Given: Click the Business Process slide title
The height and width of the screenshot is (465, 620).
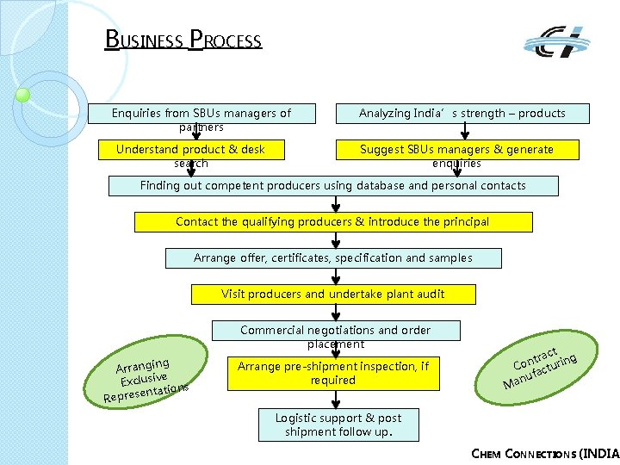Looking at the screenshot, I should tap(183, 40).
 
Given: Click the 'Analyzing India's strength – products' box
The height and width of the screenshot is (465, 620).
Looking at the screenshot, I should tap(462, 113).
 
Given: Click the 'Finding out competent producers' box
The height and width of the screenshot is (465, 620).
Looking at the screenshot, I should tap(333, 185).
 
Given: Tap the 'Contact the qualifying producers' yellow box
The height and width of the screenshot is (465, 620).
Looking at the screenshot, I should tap(332, 221).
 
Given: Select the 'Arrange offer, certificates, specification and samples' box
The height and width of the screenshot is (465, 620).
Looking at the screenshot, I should tap(332, 257).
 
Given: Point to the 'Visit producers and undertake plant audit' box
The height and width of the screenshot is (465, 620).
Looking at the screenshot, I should tap(332, 294).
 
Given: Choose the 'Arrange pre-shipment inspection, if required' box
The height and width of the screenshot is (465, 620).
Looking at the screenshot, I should tap(332, 373).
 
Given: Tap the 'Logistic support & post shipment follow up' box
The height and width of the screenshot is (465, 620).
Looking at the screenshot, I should tap(338, 425).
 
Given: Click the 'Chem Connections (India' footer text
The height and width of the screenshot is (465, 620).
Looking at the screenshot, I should tap(546, 454).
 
